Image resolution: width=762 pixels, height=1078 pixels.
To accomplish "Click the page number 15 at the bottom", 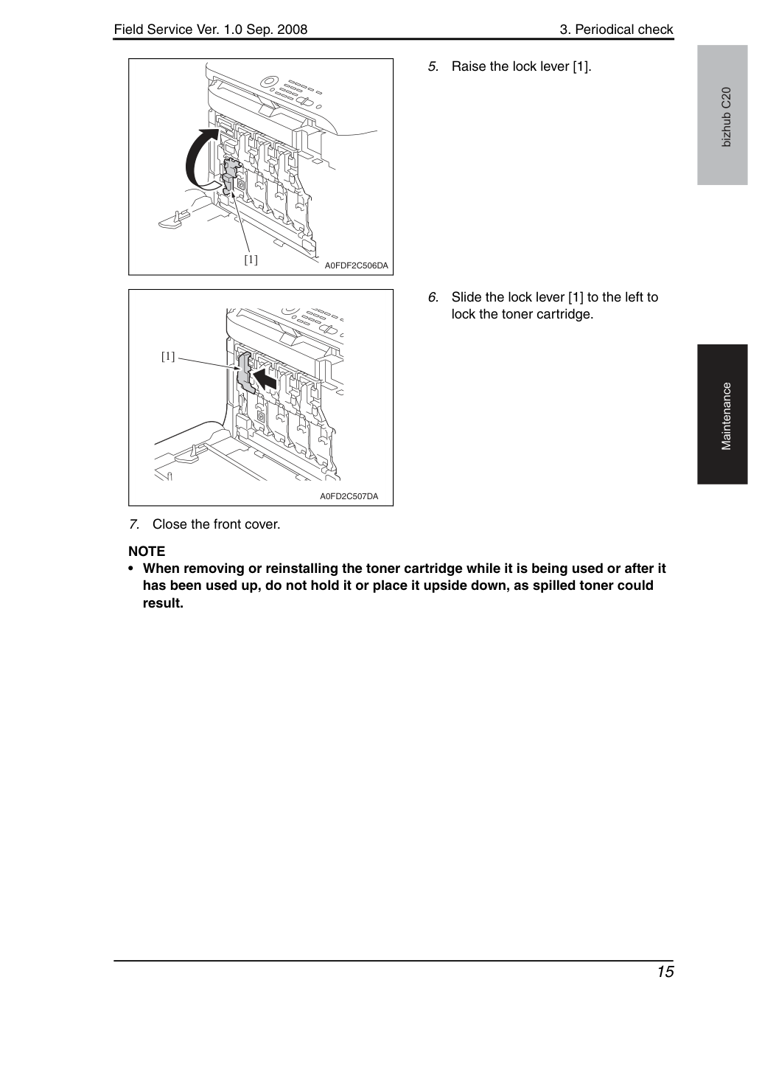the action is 665,972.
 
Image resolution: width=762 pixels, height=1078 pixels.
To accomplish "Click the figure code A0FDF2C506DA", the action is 356,265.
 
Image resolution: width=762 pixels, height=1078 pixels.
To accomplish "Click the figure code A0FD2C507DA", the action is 349,496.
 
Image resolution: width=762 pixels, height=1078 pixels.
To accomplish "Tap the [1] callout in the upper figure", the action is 251,260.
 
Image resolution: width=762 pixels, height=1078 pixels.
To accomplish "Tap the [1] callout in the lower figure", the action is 168,356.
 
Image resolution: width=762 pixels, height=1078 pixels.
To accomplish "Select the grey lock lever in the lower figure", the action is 246,372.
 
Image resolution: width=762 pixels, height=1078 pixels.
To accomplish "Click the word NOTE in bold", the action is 147,551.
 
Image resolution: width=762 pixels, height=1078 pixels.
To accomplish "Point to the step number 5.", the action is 433,66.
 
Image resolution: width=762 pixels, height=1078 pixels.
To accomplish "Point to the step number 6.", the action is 433,297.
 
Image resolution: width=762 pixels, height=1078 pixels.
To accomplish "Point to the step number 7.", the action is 134,524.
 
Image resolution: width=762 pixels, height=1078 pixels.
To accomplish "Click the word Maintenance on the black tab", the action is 726,417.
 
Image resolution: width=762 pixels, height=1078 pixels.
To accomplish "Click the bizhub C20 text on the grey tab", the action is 726,117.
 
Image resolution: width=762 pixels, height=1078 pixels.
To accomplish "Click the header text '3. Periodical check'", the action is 616,29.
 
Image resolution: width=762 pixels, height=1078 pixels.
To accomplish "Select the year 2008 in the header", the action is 291,29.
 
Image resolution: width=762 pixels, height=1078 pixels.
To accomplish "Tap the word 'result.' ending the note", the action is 163,603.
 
